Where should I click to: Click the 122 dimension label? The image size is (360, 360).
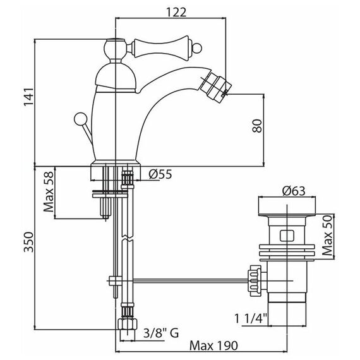point(176,12)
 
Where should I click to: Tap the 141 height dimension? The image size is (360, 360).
point(29,97)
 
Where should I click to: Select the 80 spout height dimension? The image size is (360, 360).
point(257,126)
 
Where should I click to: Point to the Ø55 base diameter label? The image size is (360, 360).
point(160,174)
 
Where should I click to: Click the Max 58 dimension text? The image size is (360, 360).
point(49,192)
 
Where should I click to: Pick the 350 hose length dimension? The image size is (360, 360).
point(29,242)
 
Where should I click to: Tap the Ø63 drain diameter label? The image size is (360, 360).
point(294,191)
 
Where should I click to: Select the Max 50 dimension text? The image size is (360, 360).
point(328,236)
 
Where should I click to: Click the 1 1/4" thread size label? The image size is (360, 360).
point(251,319)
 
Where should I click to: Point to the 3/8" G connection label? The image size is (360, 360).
point(161,333)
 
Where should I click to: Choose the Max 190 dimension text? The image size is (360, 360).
point(213,345)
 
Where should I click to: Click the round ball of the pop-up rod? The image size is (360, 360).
point(81,119)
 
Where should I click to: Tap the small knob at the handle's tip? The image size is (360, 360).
point(196,49)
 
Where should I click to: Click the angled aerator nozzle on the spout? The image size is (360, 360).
point(215,86)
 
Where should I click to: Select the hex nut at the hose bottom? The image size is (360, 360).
point(128,324)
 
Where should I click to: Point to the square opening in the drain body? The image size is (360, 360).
point(287,236)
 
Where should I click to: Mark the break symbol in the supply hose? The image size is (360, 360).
point(128,238)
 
